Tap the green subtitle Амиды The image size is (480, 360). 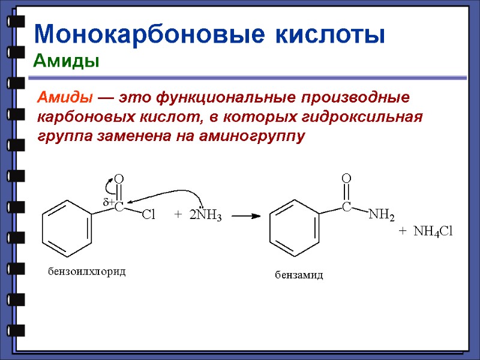click(66, 61)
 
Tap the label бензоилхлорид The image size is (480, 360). click(87, 272)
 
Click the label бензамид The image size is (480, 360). click(299, 275)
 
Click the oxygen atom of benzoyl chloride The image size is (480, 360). click(119, 179)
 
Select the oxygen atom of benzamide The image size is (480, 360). click(346, 178)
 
